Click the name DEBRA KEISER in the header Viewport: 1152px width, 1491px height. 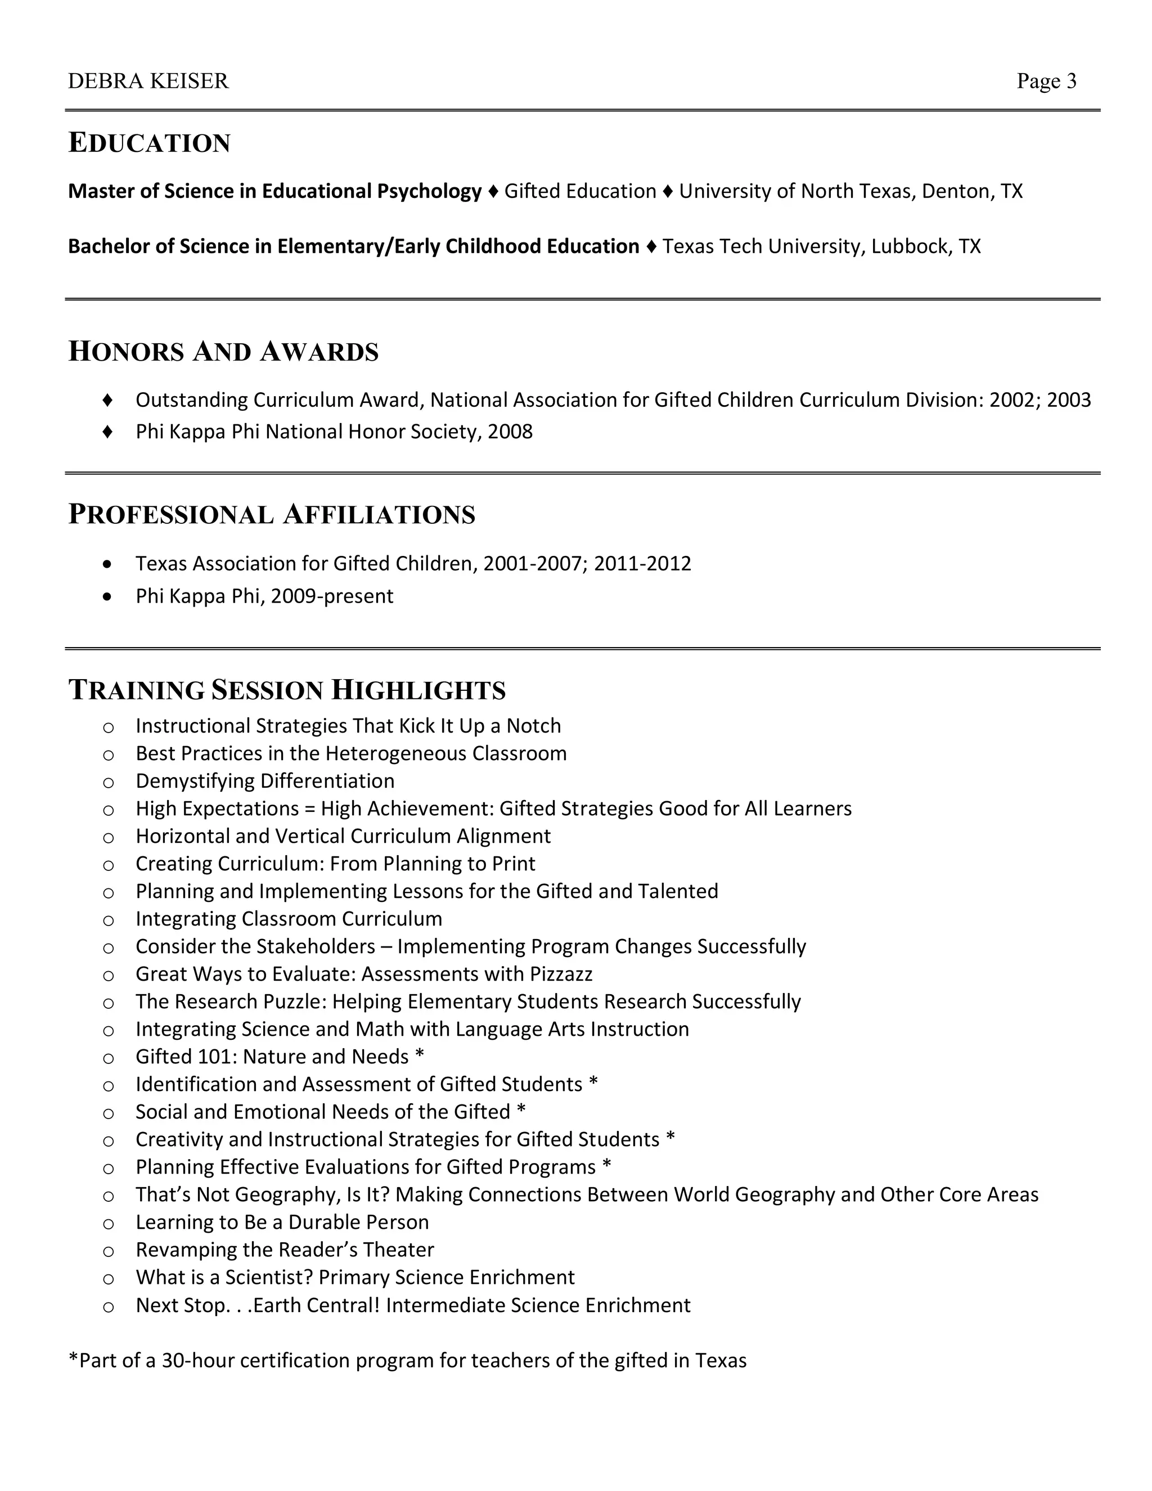tap(148, 81)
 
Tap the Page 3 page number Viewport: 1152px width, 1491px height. tap(1046, 81)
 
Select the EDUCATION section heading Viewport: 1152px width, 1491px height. tap(150, 143)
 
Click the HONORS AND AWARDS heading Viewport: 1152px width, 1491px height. tap(223, 352)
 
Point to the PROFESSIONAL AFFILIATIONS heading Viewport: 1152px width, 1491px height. tap(272, 515)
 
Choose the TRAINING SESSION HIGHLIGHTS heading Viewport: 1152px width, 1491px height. tap(287, 690)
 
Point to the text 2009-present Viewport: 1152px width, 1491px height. tap(332, 596)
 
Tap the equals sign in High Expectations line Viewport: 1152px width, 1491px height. tap(310, 809)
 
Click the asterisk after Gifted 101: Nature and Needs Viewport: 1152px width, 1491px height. tap(419, 1056)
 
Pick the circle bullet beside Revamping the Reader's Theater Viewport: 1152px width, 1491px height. tap(108, 1251)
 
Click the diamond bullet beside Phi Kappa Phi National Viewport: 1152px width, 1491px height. tap(107, 432)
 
